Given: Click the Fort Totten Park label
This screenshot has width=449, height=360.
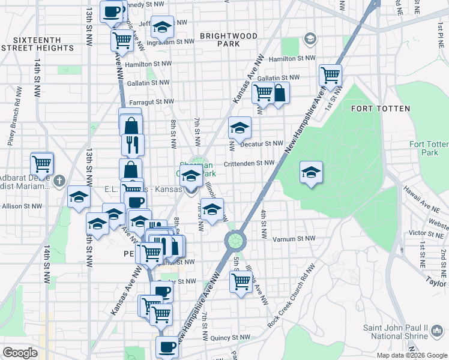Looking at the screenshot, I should pyautogui.click(x=429, y=148).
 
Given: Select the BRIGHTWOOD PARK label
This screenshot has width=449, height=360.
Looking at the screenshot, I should pyautogui.click(x=229, y=40).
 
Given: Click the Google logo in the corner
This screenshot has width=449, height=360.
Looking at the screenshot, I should pyautogui.click(x=20, y=353).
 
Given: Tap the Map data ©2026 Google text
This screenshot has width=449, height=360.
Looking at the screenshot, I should pyautogui.click(x=411, y=355).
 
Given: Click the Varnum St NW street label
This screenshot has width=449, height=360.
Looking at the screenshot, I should pyautogui.click(x=293, y=239).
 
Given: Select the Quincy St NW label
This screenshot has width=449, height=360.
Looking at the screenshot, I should pyautogui.click(x=246, y=338).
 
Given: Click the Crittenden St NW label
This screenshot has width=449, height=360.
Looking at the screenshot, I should pyautogui.click(x=249, y=163).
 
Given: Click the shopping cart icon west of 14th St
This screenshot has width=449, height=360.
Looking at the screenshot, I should pyautogui.click(x=42, y=163).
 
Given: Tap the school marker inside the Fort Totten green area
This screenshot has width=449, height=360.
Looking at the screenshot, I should pyautogui.click(x=311, y=172).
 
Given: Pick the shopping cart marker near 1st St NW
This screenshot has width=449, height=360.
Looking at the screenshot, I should pyautogui.click(x=330, y=76).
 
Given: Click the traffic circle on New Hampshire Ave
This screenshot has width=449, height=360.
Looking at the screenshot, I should pyautogui.click(x=235, y=241).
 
